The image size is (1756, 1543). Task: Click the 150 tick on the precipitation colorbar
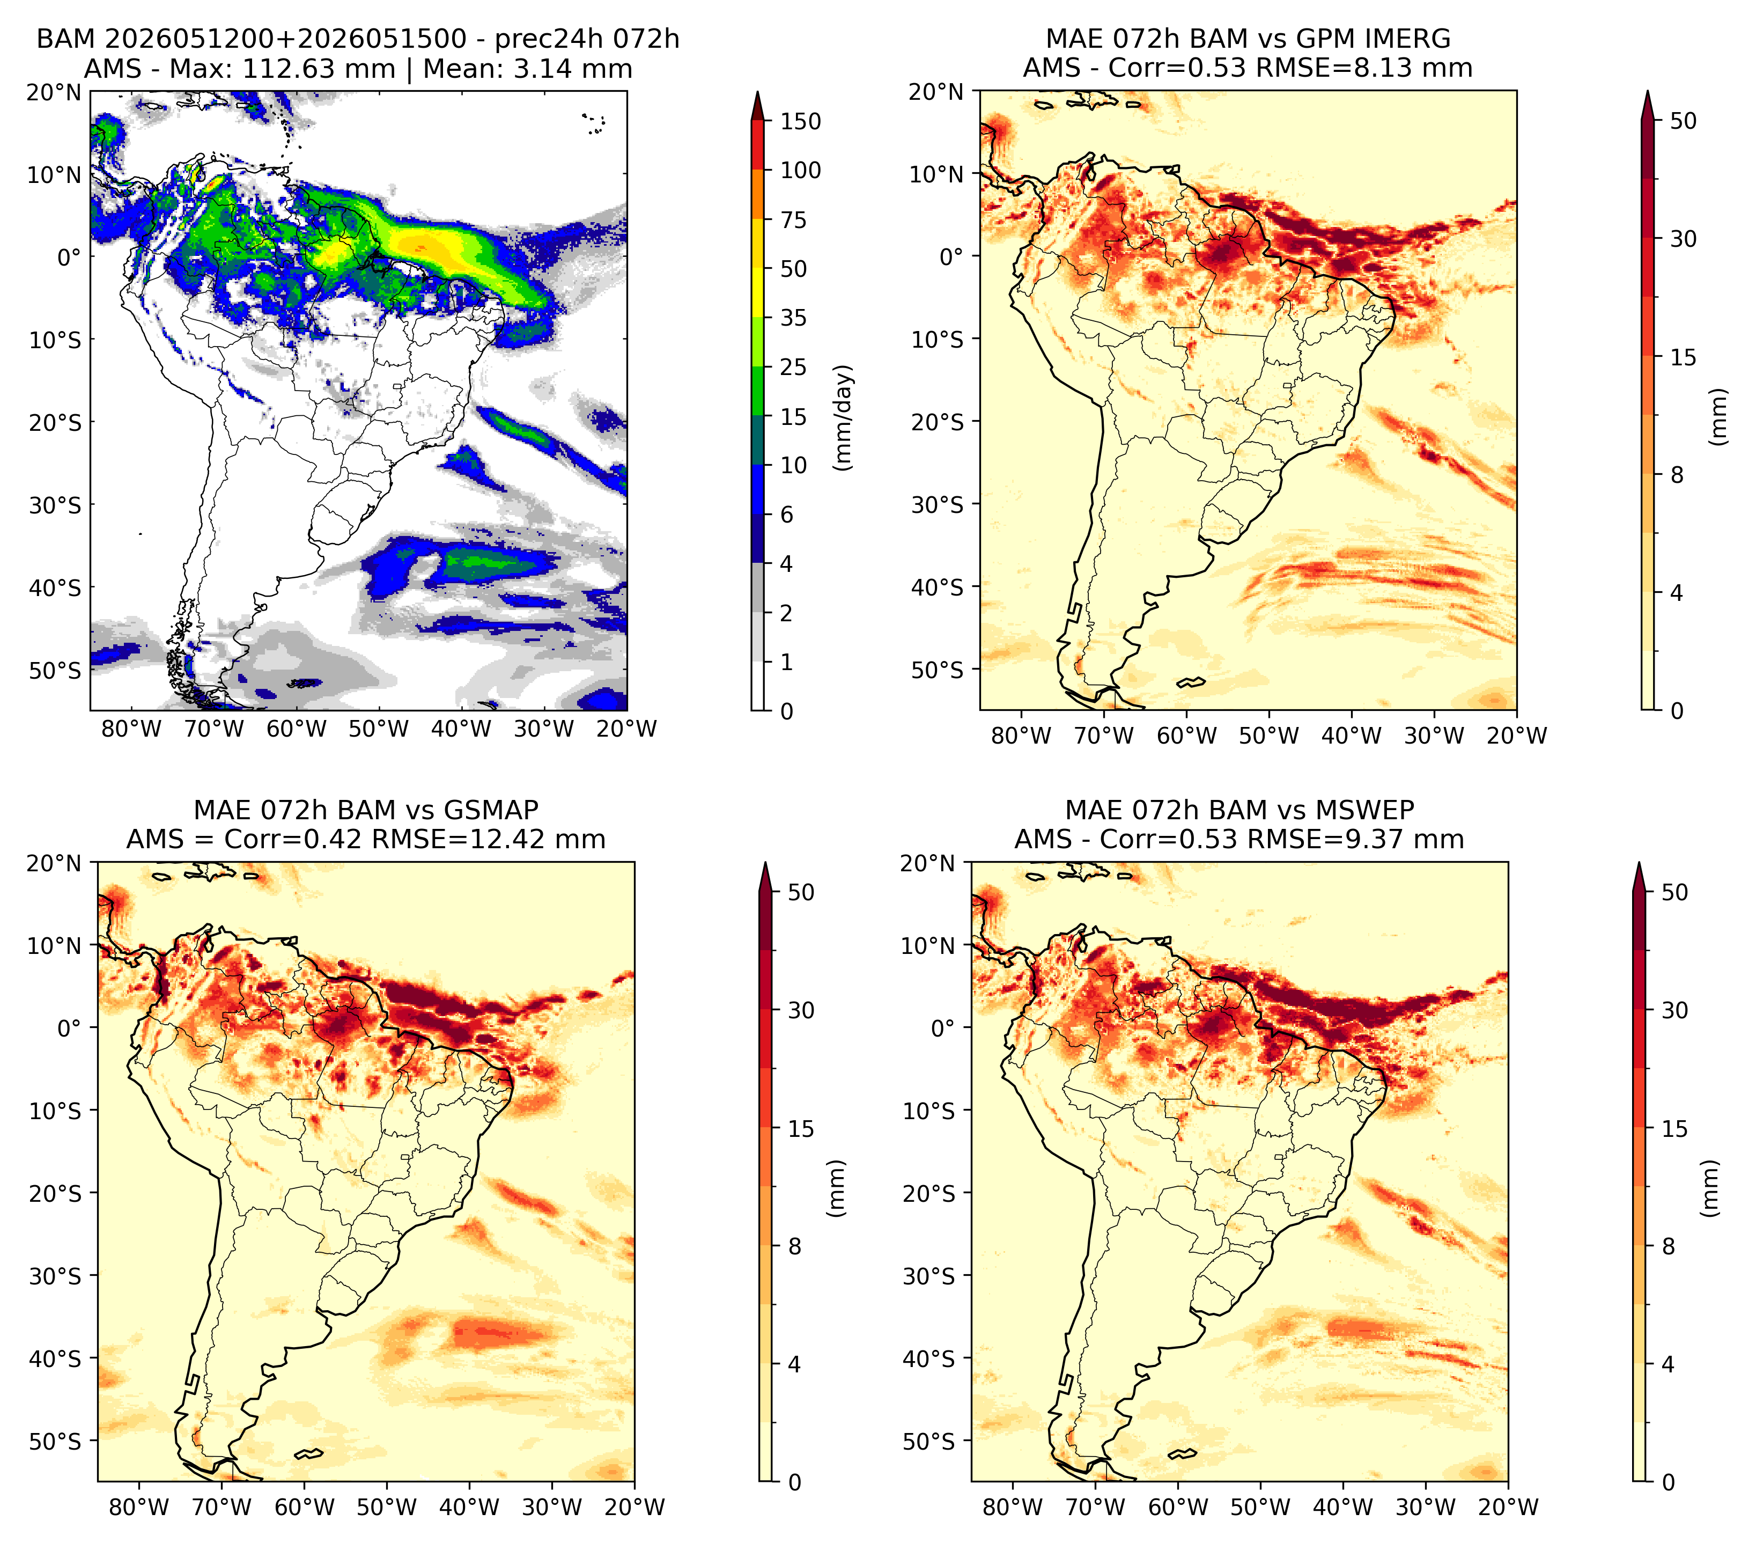[x=800, y=121]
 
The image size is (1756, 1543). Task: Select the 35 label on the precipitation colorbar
[x=793, y=318]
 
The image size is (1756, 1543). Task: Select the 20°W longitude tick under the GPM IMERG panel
[x=1516, y=736]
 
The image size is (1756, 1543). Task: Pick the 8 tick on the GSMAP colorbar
[x=795, y=1246]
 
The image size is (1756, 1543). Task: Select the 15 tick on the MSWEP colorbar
[x=1674, y=1128]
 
